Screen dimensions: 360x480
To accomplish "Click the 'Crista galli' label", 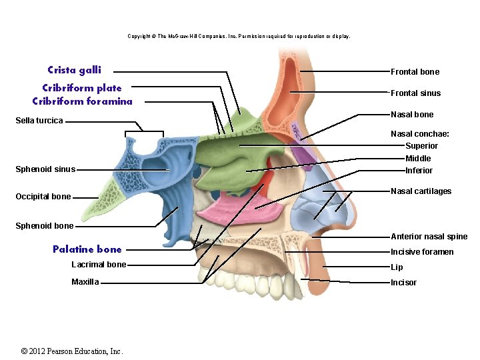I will click(x=74, y=70).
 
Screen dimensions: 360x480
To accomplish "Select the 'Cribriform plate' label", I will click(x=82, y=88).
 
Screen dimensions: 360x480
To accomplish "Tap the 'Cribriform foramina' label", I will click(x=82, y=101).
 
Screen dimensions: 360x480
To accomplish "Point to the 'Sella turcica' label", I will click(x=39, y=121).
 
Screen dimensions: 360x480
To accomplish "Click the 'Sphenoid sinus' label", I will click(x=45, y=169).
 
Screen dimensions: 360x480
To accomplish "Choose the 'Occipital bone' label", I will click(x=43, y=197).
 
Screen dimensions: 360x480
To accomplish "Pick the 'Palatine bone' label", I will click(x=87, y=249).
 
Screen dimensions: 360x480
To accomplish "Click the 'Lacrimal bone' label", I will click(x=99, y=265).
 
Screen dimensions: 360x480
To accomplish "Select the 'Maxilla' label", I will click(x=85, y=282).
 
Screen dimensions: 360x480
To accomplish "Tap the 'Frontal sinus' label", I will click(x=415, y=93).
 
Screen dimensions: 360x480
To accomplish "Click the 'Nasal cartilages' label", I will click(x=421, y=191).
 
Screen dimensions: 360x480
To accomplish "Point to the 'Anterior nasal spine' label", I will click(x=429, y=237).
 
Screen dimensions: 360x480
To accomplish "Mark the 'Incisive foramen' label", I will click(x=422, y=252).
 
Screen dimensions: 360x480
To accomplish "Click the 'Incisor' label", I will click(x=403, y=283).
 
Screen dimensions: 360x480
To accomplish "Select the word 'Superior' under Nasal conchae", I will click(x=421, y=146).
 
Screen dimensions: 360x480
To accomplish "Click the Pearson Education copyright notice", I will click(x=72, y=351).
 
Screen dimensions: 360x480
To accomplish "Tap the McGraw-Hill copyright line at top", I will click(x=239, y=36).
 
